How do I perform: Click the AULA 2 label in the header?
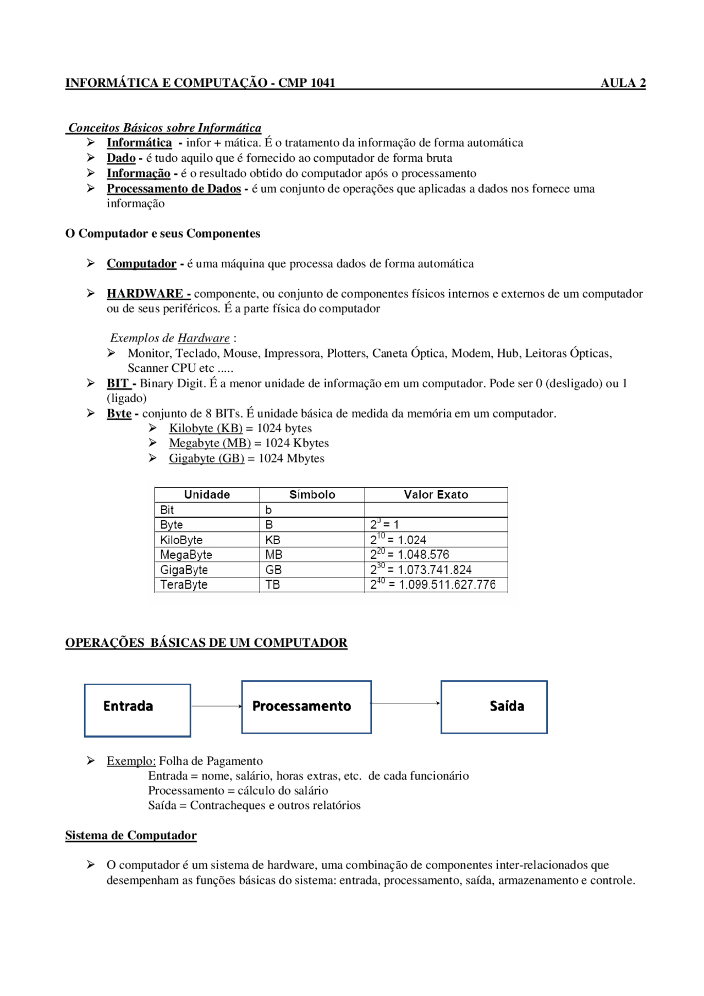pos(623,83)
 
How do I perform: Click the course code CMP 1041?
pos(306,83)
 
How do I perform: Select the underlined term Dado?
pos(121,158)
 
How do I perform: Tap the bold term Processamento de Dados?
pos(174,189)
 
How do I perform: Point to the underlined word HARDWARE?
pos(145,294)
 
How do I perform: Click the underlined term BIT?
pos(117,383)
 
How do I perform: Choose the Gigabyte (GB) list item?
pos(206,459)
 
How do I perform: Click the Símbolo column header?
pos(312,494)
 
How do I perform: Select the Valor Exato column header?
pos(436,494)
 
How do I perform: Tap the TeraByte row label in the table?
pos(184,585)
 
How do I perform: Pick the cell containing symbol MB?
pos(273,554)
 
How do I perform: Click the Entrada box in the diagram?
pos(137,710)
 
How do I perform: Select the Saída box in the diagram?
pos(494,707)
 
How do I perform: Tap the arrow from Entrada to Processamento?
pos(216,706)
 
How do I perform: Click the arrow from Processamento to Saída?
pos(405,703)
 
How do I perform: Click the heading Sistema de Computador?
pos(131,835)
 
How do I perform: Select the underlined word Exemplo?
pos(131,761)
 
